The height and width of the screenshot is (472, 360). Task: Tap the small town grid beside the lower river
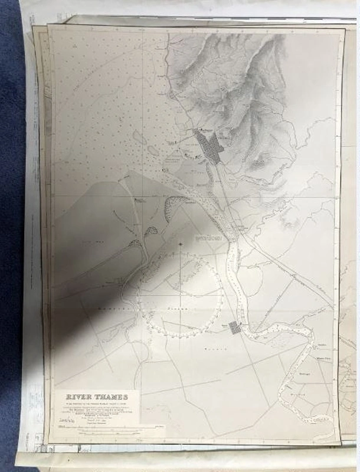[x=235, y=328]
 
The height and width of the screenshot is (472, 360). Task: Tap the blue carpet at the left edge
[x=12, y=236]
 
